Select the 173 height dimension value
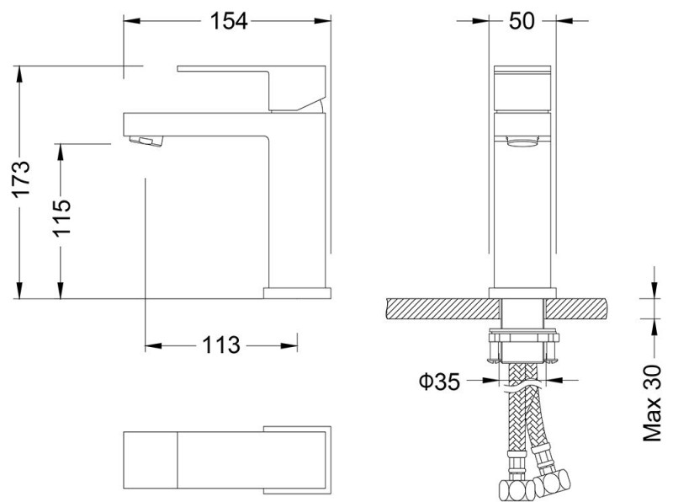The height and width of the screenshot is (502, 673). tap(23, 179)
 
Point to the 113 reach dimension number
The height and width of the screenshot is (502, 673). tap(220, 344)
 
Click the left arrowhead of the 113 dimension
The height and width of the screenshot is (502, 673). tap(151, 344)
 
